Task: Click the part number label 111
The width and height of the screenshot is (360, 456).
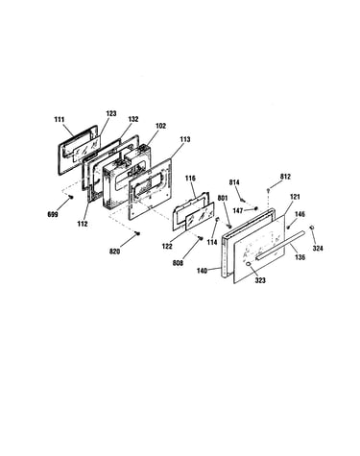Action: click(x=60, y=120)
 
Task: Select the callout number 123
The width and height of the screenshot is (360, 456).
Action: click(x=111, y=113)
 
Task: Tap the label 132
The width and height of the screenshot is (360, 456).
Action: click(x=133, y=119)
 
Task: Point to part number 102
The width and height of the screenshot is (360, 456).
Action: click(x=160, y=126)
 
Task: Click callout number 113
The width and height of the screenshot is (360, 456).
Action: click(x=184, y=139)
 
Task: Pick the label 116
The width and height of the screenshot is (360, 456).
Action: click(x=190, y=179)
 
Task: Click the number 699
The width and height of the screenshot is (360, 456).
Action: click(x=53, y=214)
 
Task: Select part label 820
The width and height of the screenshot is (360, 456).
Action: click(x=114, y=252)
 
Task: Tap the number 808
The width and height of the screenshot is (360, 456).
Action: click(x=178, y=263)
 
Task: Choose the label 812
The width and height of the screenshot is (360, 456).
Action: click(x=285, y=177)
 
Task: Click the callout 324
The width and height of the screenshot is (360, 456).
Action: click(x=318, y=248)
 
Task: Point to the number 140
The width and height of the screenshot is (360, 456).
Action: click(x=202, y=271)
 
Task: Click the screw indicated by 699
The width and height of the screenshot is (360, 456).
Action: click(x=71, y=197)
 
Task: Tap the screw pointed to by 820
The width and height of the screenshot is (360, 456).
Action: click(x=138, y=233)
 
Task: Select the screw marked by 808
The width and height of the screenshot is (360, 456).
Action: click(x=201, y=238)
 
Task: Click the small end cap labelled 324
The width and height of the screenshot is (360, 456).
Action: click(x=311, y=228)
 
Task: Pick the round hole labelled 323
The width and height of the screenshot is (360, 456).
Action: click(x=248, y=264)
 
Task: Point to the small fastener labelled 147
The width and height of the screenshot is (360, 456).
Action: click(x=255, y=209)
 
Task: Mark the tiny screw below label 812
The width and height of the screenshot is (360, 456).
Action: click(x=269, y=190)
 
